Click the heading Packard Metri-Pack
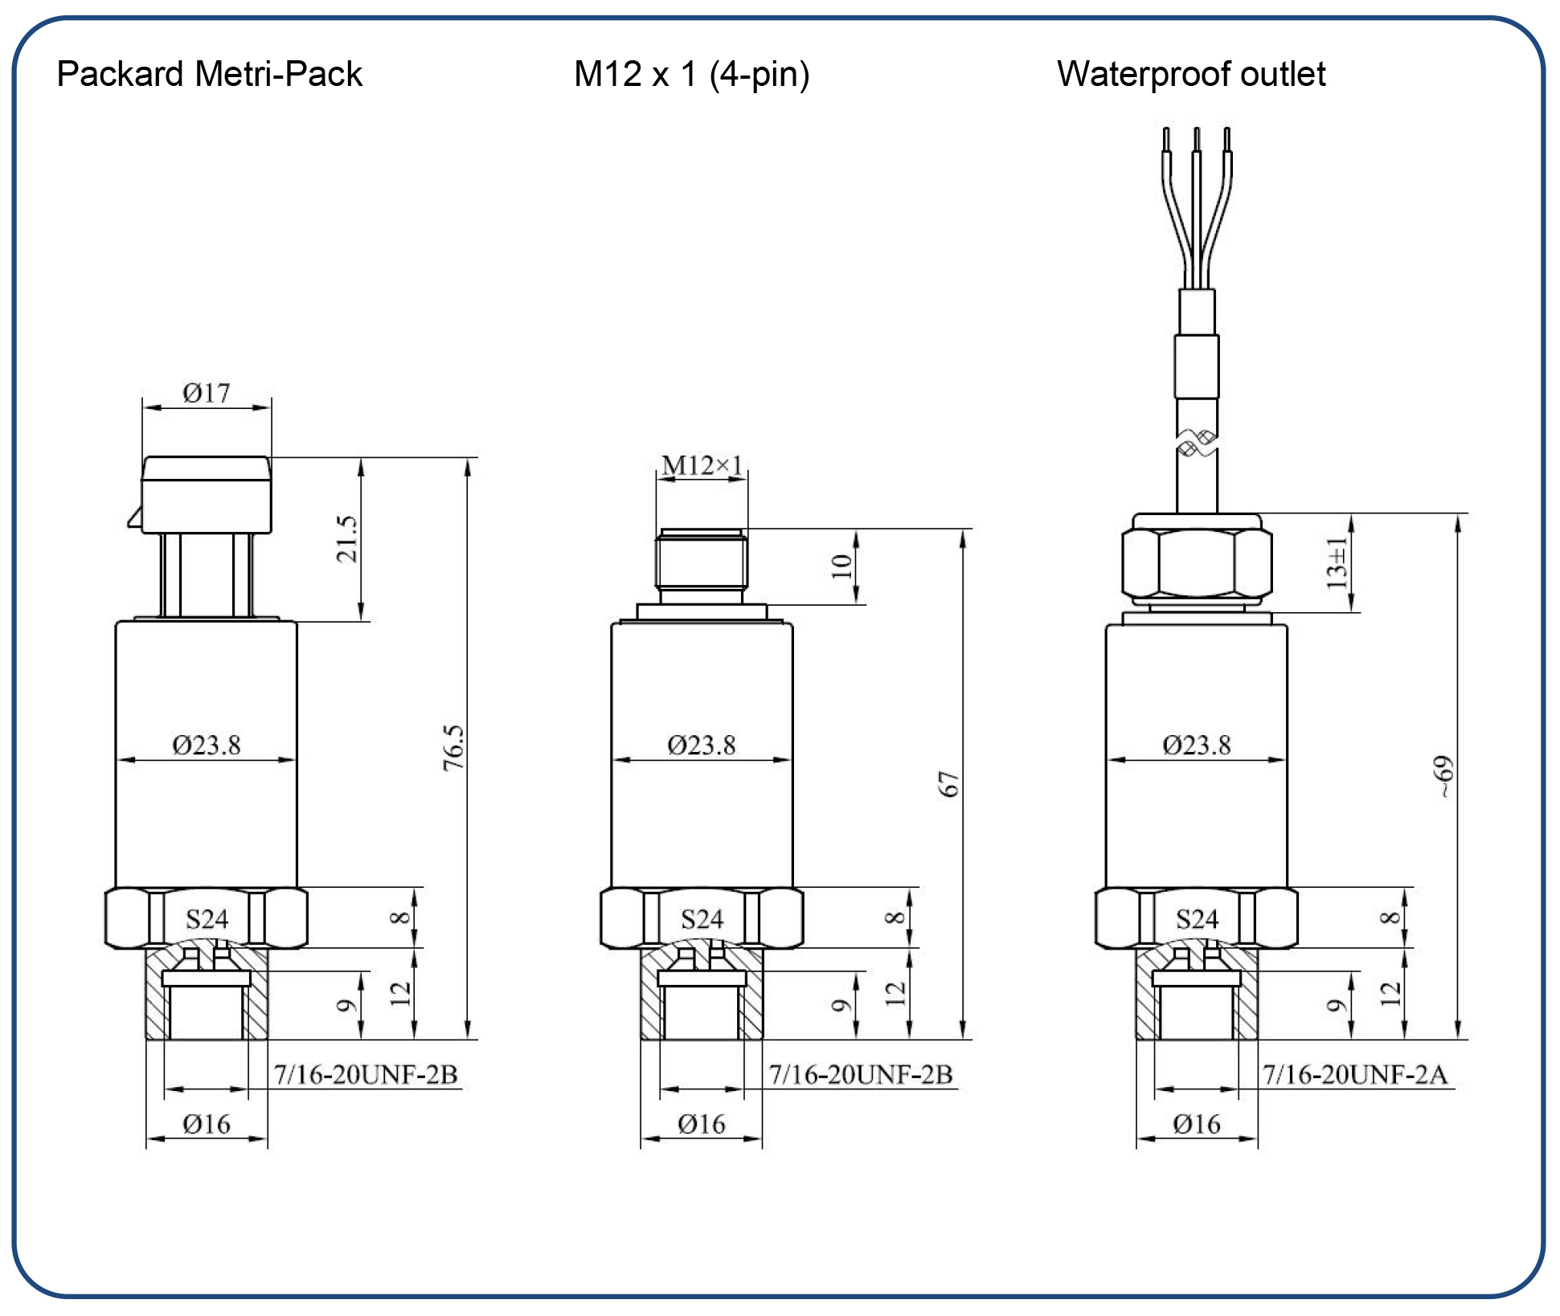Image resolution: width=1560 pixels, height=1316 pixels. [209, 74]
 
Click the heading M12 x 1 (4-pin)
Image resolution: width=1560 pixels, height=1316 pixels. [691, 74]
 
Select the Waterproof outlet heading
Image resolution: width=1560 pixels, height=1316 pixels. [1190, 74]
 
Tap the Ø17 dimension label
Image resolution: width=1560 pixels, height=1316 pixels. [206, 393]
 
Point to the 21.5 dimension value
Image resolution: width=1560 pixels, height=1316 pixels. [346, 538]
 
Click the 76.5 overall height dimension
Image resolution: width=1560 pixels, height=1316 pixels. [454, 747]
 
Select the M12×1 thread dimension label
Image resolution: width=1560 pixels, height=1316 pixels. [702, 465]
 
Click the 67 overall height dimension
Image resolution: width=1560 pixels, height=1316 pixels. [949, 784]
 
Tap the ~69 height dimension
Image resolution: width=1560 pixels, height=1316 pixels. [1444, 776]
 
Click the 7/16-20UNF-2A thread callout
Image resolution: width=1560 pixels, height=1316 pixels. [1354, 1074]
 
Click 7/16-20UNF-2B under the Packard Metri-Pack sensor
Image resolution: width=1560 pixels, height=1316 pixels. [366, 1074]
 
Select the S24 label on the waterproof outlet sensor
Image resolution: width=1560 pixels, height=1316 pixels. [1197, 919]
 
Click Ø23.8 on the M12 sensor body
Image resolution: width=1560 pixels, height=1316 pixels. [702, 745]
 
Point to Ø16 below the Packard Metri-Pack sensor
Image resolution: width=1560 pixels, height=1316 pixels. [207, 1124]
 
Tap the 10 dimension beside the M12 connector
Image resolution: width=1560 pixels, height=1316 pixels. [841, 566]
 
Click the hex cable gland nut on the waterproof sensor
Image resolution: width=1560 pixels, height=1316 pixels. [1197, 562]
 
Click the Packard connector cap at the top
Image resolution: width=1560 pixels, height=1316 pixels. [207, 493]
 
